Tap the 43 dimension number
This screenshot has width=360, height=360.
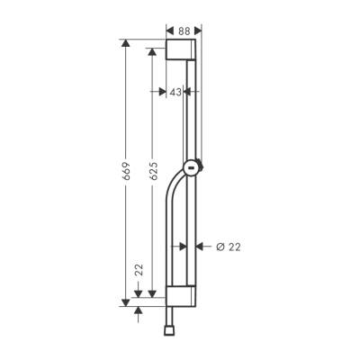click(x=176, y=92)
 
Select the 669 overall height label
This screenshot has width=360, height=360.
click(x=125, y=173)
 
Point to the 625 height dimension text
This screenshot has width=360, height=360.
click(x=153, y=170)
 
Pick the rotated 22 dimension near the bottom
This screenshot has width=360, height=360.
click(x=137, y=269)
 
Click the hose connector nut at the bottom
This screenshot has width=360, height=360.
click(x=193, y=332)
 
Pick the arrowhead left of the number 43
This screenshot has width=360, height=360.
click(x=163, y=92)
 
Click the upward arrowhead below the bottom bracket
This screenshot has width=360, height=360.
click(x=137, y=310)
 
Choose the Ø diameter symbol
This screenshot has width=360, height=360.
click(x=219, y=247)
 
